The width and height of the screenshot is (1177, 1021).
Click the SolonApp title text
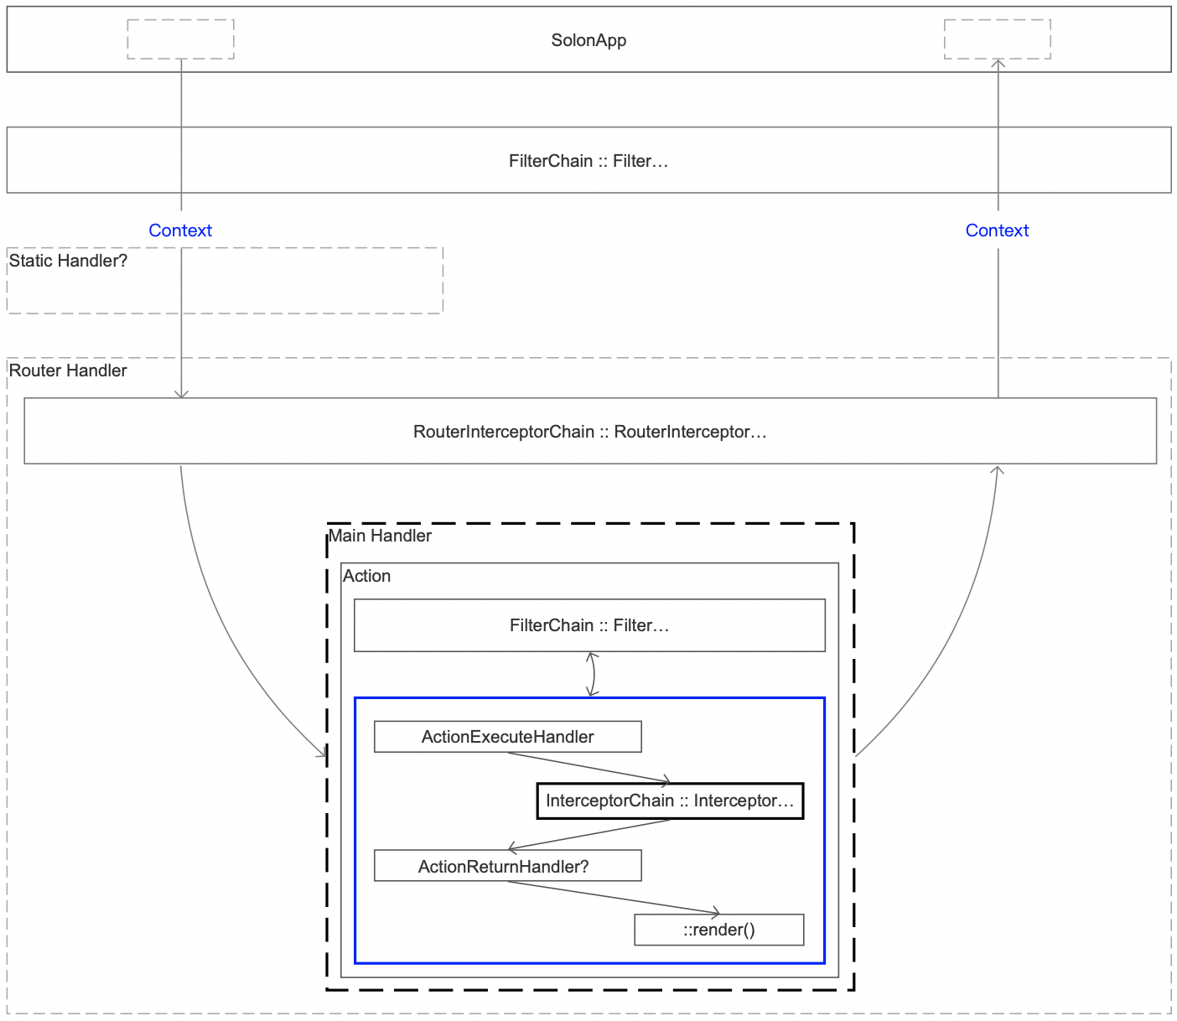[x=588, y=40]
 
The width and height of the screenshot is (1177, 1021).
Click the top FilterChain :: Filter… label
[x=588, y=160]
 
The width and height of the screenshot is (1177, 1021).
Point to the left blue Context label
[x=180, y=230]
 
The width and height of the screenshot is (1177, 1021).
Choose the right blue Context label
[x=997, y=230]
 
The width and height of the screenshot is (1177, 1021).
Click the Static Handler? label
[x=68, y=261]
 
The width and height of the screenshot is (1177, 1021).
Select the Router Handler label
[x=68, y=371]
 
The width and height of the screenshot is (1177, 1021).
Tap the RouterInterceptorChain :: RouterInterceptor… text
[x=589, y=432]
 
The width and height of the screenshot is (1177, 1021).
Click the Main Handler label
[x=380, y=536]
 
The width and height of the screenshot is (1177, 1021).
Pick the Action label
[x=366, y=576]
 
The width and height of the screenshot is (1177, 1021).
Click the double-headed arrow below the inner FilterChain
[x=594, y=674]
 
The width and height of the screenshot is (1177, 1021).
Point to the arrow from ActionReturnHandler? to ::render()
[x=614, y=897]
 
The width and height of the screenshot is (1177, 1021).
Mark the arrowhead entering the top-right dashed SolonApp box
[x=998, y=62]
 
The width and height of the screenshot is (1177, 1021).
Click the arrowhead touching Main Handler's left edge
[x=324, y=753]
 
